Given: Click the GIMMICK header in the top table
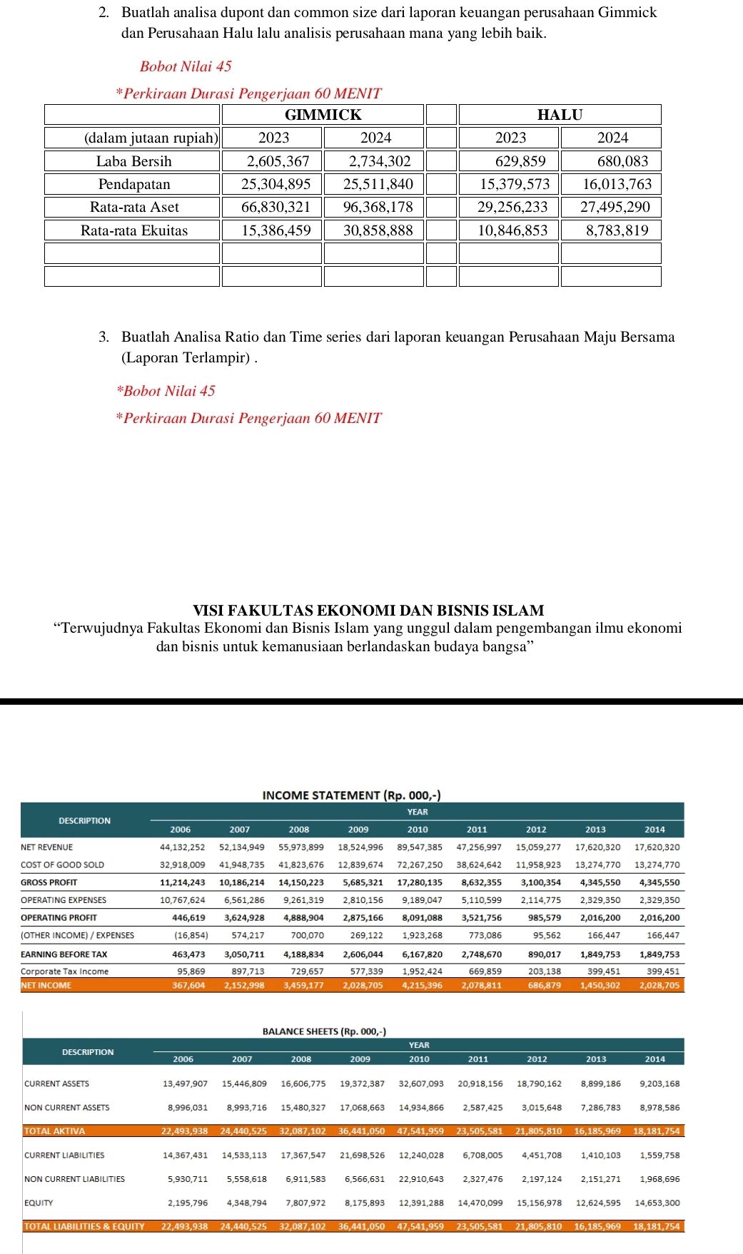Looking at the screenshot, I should tap(323, 115).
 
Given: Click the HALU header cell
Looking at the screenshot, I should tap(560, 115).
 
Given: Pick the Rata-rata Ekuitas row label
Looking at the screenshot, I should tap(133, 230).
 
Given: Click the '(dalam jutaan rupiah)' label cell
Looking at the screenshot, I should tap(151, 138).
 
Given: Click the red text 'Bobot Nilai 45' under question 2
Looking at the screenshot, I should tap(186, 66).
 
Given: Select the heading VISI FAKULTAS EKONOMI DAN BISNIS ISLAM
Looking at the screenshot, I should tap(368, 611).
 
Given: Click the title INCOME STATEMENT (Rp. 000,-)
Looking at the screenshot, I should tap(351, 795).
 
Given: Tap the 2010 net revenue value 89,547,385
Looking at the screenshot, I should tap(419, 847).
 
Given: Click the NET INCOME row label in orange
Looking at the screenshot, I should tap(46, 985).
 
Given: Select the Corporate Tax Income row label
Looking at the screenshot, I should tap(65, 971).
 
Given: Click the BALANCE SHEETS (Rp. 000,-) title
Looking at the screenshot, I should tap(324, 1031).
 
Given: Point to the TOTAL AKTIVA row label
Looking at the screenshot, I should tap(54, 1131).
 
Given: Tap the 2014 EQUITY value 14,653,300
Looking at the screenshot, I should tap(655, 1203).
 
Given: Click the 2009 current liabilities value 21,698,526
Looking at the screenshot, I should tap(362, 1155).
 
